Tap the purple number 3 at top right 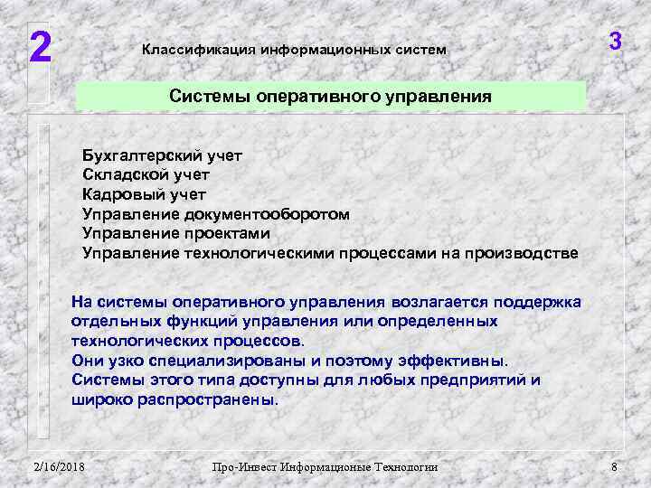[x=615, y=42]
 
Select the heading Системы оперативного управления [x=331, y=97]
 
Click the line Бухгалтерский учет [x=163, y=155]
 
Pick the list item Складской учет [x=146, y=174]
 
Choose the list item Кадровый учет [x=145, y=194]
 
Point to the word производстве [x=521, y=252]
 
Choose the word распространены [x=210, y=399]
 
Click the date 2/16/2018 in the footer [x=59, y=466]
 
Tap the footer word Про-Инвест [x=243, y=466]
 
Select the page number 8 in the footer [x=614, y=466]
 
